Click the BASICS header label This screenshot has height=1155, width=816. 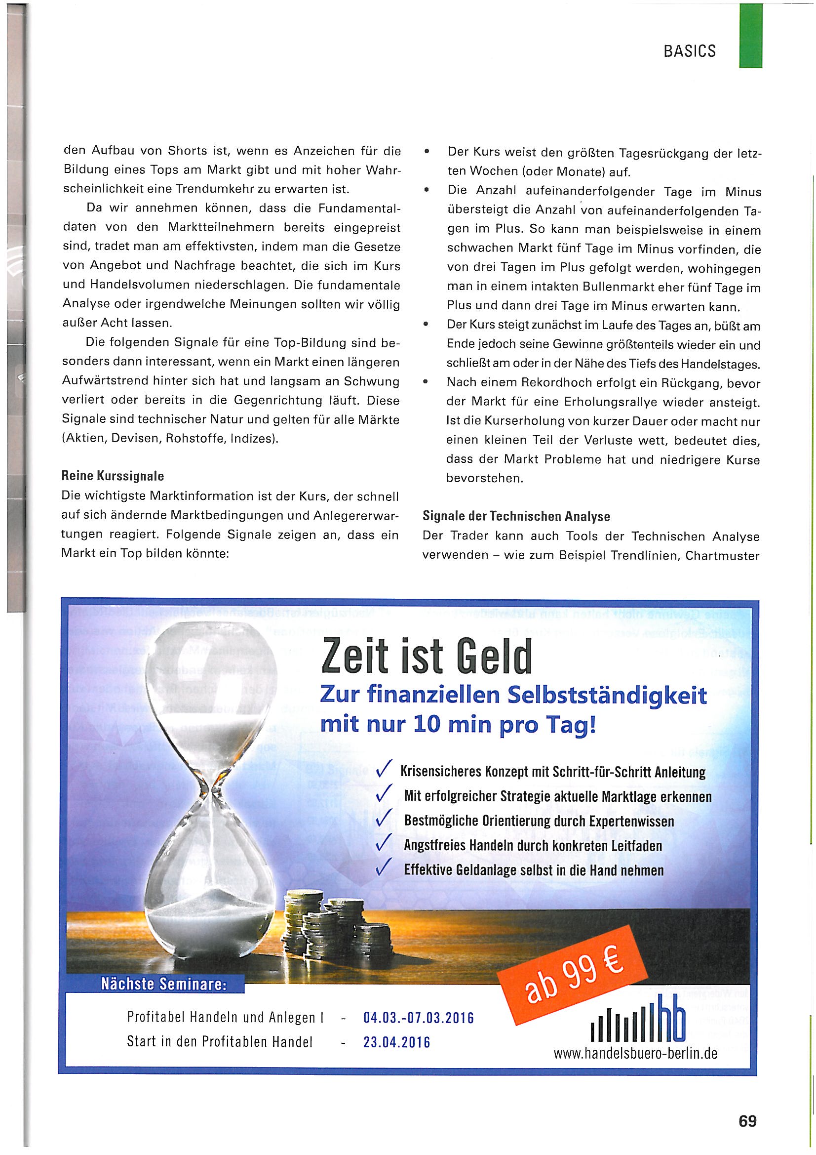pos(689,51)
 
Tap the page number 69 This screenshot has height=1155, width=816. pos(747,1121)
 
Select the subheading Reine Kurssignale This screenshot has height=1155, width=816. pos(113,475)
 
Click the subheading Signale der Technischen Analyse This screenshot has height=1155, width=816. pos(516,516)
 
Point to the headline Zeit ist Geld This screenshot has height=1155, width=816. pos(427,658)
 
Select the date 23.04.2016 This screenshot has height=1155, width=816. pos(397,1042)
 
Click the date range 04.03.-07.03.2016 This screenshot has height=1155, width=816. pos(418,1019)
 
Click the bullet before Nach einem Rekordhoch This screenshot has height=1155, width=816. pos(426,382)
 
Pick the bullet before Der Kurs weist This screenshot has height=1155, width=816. pos(427,152)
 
